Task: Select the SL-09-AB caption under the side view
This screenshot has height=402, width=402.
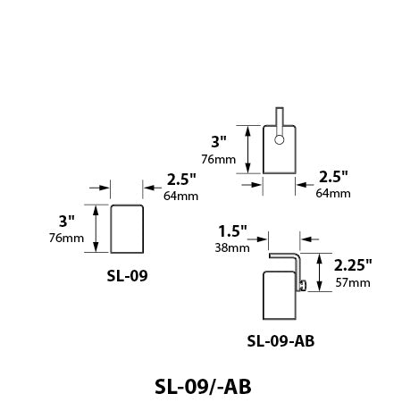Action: (281, 340)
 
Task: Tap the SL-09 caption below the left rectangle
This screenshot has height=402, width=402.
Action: (126, 275)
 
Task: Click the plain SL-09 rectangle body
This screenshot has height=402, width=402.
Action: (127, 230)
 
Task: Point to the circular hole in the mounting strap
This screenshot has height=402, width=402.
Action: (280, 139)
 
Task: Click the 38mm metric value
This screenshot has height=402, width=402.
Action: (232, 247)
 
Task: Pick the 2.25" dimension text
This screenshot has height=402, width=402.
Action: (353, 264)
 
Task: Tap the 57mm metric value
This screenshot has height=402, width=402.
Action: (352, 282)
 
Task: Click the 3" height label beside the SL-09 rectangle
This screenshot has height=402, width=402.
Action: (67, 221)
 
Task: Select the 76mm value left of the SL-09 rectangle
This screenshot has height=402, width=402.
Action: (65, 238)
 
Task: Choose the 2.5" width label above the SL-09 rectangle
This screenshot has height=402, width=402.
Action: (181, 179)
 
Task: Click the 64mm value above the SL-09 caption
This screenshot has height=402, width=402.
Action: (181, 196)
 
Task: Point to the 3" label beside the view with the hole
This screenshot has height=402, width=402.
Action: (219, 141)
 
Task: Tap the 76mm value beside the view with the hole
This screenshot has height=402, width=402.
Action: (219, 159)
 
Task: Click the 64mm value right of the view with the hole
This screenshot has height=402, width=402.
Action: (333, 193)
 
